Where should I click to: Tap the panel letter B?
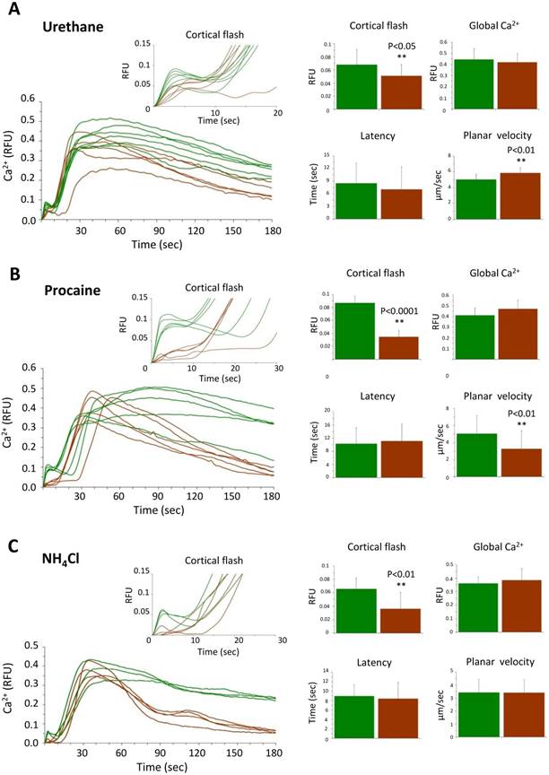(12, 269)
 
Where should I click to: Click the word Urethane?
(76, 27)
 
